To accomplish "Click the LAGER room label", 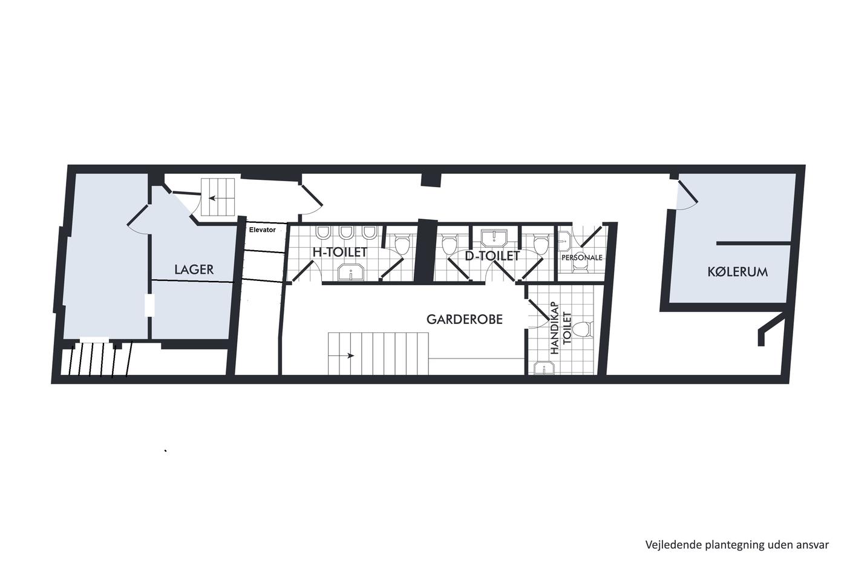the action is click(194, 269).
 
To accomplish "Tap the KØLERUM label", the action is click(737, 272).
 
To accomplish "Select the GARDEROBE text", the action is click(465, 319).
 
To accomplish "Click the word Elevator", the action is click(262, 230).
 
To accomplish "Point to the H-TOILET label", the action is click(339, 252).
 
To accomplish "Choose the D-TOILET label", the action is click(492, 256).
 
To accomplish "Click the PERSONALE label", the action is click(581, 258).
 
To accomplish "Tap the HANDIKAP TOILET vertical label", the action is click(561, 328).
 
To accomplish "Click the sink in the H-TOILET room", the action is click(351, 273).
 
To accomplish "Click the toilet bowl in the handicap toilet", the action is click(583, 329).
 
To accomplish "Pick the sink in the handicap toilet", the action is click(544, 368).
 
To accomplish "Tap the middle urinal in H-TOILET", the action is click(346, 233).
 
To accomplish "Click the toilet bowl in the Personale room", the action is click(580, 268).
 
